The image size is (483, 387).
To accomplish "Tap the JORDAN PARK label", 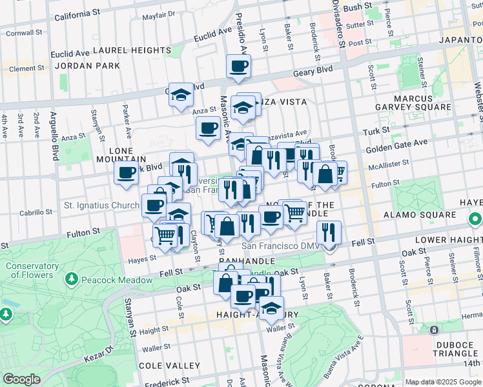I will (87, 66).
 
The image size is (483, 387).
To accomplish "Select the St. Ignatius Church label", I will (101, 206).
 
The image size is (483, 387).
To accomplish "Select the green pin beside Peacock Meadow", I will (72, 280).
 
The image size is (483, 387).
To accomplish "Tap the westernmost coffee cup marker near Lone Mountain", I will (126, 172).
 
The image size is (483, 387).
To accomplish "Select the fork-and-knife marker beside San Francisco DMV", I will (329, 232).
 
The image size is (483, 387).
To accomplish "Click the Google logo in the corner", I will (22, 379).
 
